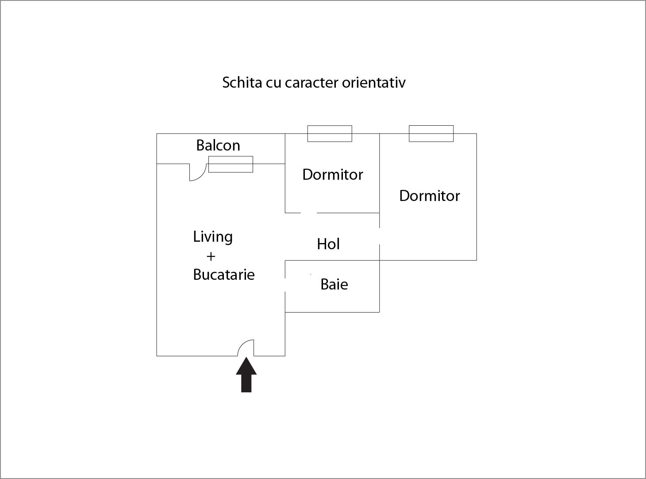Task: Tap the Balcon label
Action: tap(218, 145)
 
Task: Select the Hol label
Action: tap(328, 244)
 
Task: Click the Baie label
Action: tap(334, 284)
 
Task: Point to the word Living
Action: tap(213, 237)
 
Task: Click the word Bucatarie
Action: tap(224, 274)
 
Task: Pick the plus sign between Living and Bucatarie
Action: tap(211, 256)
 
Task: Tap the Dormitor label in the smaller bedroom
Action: tap(333, 174)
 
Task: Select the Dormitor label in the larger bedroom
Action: tap(430, 196)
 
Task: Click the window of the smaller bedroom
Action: tap(330, 134)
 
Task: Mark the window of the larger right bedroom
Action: tap(431, 134)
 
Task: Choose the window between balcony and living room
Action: tap(231, 164)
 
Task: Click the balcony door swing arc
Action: tap(198, 173)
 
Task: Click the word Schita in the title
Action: tap(242, 83)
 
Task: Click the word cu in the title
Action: tap(273, 83)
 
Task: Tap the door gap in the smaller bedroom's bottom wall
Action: tap(309, 212)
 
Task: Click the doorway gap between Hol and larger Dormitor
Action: tap(380, 236)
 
